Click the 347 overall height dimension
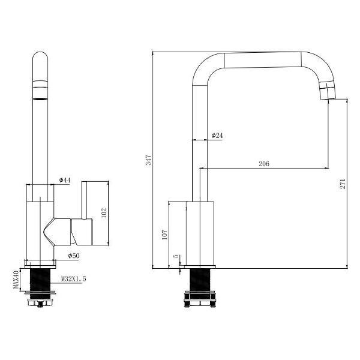[149, 160]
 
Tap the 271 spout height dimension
[343, 184]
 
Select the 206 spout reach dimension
[264, 164]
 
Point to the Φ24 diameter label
[217, 136]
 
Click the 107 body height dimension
[165, 235]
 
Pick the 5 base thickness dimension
[176, 256]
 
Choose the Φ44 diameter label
[65, 180]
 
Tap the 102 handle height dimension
[104, 213]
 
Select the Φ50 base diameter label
[74, 256]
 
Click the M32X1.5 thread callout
[73, 279]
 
